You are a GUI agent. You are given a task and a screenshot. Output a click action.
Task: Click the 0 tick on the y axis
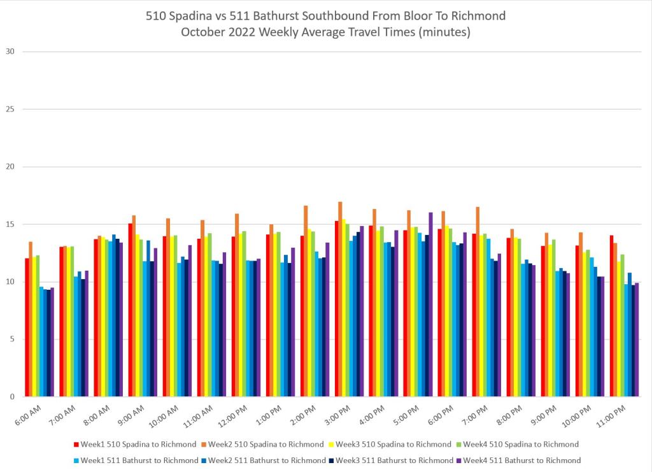pyautogui.click(x=11, y=397)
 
